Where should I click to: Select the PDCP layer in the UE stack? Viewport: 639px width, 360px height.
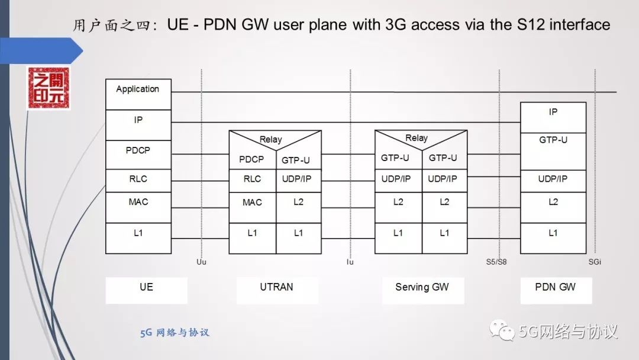(138, 150)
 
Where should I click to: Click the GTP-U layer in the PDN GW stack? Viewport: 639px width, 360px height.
(553, 140)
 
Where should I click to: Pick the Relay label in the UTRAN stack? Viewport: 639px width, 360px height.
(271, 140)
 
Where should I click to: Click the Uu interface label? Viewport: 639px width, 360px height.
(202, 261)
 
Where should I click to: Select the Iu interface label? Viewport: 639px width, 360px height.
(350, 261)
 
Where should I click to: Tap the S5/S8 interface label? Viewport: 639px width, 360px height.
(497, 261)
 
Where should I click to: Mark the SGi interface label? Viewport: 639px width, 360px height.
(595, 261)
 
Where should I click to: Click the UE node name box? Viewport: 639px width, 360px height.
(146, 288)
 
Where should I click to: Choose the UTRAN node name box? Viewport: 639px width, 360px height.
(277, 288)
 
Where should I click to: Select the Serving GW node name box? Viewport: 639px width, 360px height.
(422, 288)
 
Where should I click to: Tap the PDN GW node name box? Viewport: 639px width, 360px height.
(555, 288)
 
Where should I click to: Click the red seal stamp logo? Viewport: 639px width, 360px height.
(49, 89)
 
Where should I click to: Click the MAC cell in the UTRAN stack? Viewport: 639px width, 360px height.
(252, 202)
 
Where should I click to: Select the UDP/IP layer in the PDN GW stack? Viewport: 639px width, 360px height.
(553, 179)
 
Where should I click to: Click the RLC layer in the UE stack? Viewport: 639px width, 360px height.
(138, 179)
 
